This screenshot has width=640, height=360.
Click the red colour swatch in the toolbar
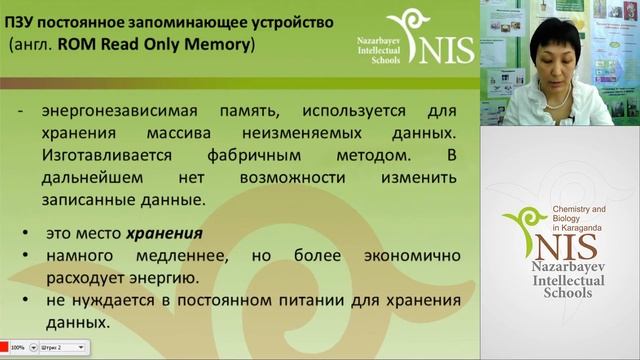[x=4, y=347]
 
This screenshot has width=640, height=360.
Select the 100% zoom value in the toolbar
[x=18, y=347]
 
